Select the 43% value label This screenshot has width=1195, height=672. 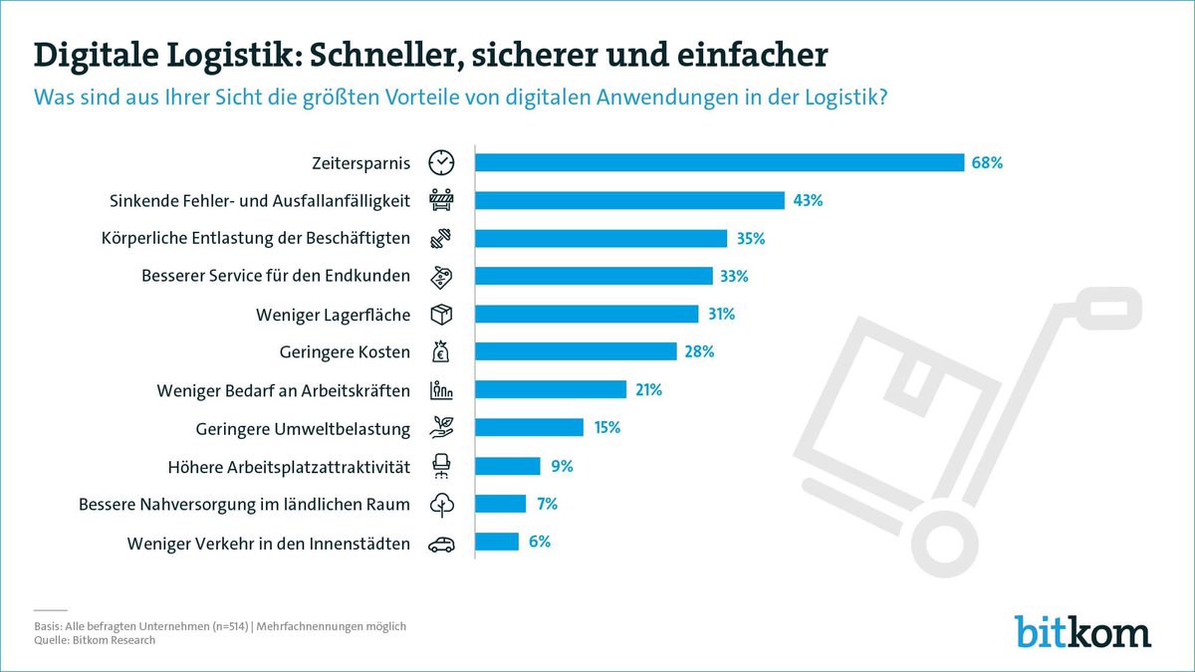tap(808, 201)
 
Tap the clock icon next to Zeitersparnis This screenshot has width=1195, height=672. tap(441, 162)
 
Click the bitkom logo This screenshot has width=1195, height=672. tap(1082, 631)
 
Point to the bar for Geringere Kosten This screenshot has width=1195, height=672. tap(576, 351)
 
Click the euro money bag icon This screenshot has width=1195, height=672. tap(441, 351)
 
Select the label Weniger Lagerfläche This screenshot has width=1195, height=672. tap(333, 315)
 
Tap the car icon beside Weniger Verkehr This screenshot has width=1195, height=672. tap(441, 544)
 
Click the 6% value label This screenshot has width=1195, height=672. tap(539, 542)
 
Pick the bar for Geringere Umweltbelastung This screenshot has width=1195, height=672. tap(529, 428)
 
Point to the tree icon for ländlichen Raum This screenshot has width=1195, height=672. tap(441, 505)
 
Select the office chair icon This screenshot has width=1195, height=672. tap(441, 466)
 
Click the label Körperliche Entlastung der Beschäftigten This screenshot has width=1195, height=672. tap(255, 239)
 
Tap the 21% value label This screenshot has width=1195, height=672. tap(647, 390)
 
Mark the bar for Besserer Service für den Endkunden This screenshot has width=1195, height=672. tap(594, 276)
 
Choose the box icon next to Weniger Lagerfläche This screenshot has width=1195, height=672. tap(441, 315)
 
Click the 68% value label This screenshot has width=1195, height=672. tap(986, 162)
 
